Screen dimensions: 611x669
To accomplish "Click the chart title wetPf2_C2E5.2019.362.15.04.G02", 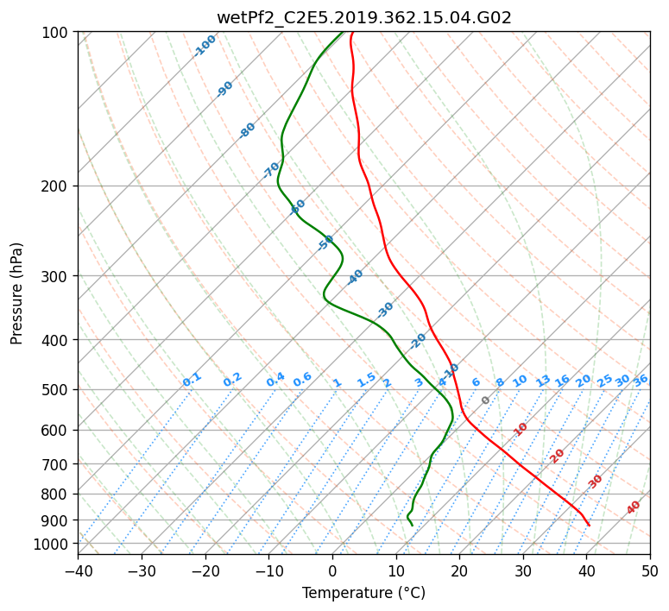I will [363, 16].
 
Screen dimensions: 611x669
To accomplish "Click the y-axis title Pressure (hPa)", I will [16, 293].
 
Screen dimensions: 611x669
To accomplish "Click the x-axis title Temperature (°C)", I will [363, 593].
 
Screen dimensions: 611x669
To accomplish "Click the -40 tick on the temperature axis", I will [78, 570].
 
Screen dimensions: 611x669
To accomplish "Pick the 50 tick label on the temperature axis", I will [650, 570].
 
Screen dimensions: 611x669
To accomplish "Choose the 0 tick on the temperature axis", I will [332, 570].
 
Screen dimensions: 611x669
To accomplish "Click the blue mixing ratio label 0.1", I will [192, 380].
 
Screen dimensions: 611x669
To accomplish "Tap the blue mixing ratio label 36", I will [641, 380].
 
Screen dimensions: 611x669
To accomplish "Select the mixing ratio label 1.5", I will [366, 380].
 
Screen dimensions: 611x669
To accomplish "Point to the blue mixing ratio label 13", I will [543, 381].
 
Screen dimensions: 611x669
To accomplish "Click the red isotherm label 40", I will [634, 507].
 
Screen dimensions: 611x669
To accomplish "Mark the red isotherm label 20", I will [558, 455].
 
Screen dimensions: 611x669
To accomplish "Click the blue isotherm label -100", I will [205, 45].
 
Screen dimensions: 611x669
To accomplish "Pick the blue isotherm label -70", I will [271, 170].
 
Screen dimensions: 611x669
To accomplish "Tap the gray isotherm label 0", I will [485, 400].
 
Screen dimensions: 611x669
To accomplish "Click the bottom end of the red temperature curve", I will [589, 525].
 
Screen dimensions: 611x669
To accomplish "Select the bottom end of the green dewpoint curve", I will [412, 525].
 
